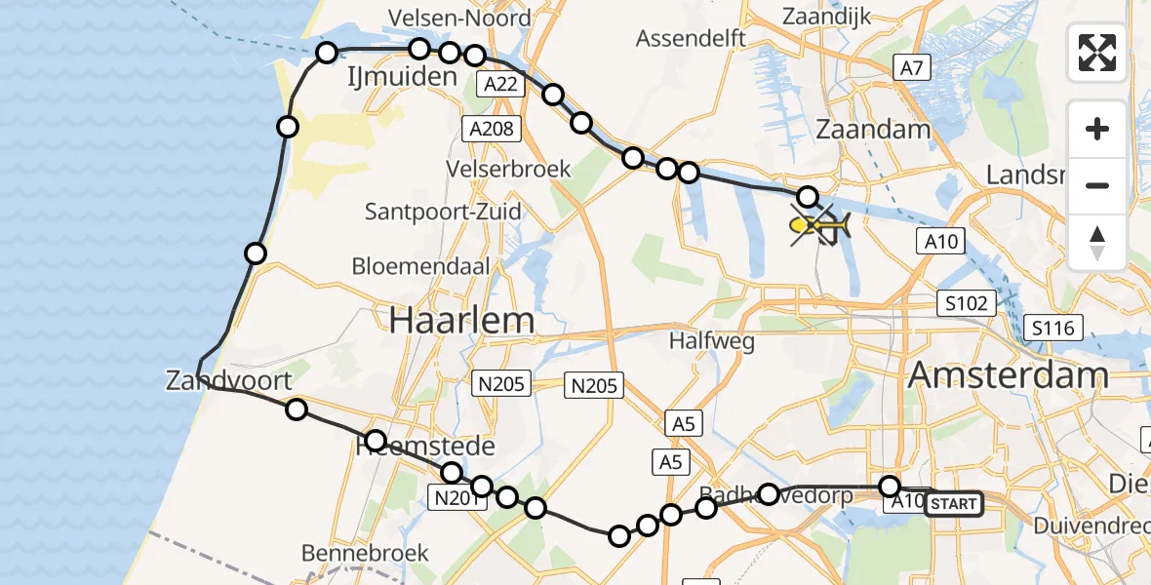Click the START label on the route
[953, 504]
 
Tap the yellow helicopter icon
[820, 227]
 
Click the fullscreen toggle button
[1097, 53]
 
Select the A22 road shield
[501, 85]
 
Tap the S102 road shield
[966, 303]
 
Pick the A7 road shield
[912, 67]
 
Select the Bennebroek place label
[365, 553]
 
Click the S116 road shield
[1054, 328]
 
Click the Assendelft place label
[691, 39]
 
